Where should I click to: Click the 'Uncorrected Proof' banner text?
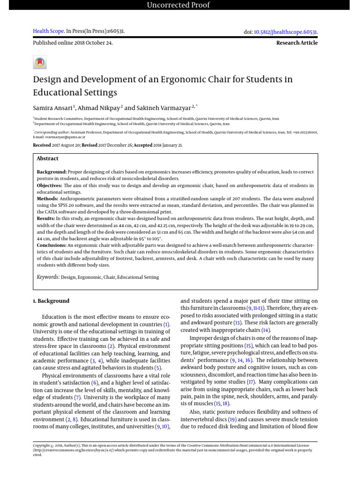(x=179, y=5)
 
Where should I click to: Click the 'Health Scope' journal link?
(x=48, y=31)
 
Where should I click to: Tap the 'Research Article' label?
(x=297, y=43)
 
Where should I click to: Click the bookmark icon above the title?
(x=40, y=62)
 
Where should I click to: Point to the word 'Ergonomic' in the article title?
(x=187, y=79)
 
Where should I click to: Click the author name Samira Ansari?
(x=52, y=107)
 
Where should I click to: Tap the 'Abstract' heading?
(x=47, y=158)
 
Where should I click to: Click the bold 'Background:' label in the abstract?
(x=52, y=172)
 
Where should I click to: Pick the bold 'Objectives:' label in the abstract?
(x=50, y=186)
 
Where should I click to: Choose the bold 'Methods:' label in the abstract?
(x=47, y=199)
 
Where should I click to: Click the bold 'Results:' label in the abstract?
(x=46, y=218)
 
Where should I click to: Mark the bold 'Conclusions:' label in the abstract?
(x=52, y=245)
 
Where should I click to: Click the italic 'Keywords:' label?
(x=48, y=277)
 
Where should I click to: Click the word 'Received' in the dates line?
(x=42, y=145)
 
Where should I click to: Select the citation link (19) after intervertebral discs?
(x=232, y=419)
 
